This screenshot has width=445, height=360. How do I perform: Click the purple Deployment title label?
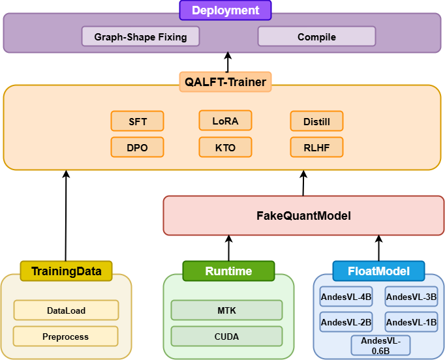pos(226,10)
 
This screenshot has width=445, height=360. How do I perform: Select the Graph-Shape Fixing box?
pos(140,37)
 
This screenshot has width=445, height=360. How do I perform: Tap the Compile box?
pos(316,37)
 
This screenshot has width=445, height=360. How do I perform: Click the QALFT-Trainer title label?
pos(226,81)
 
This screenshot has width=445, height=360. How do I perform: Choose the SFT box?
pos(137,121)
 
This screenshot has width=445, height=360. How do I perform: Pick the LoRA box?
pos(225,121)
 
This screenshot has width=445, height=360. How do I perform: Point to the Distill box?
pos(316,121)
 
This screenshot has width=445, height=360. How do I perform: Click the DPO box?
pos(137,147)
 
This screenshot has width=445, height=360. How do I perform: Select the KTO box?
pos(225,147)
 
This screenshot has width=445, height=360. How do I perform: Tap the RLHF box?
pos(316,147)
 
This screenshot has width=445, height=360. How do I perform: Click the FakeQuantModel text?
pos(303,215)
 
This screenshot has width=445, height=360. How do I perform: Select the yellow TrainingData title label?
pos(66,271)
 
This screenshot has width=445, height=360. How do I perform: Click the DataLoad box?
pos(66,310)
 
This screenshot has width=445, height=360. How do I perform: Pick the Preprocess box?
pos(66,337)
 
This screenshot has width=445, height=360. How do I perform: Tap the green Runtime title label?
pos(228,271)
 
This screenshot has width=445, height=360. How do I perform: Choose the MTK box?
pos(226,310)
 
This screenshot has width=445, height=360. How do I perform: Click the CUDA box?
pos(226,337)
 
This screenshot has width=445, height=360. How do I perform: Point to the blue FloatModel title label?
pos(378,271)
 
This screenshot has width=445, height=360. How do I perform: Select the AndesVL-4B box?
pos(346,297)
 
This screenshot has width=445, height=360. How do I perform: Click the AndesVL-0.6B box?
pos(380,346)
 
